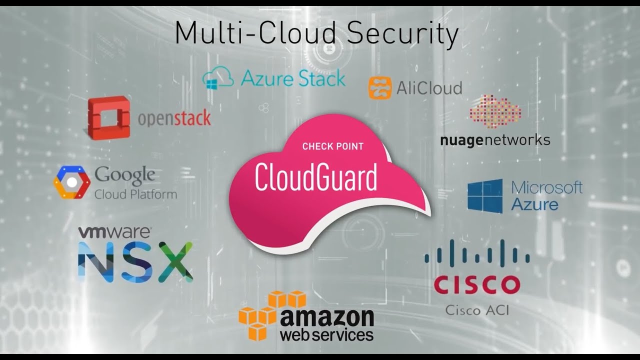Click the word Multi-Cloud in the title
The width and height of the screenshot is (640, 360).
click(x=254, y=33)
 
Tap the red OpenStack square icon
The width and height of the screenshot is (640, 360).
click(x=108, y=117)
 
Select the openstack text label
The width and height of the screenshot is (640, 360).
click(x=173, y=118)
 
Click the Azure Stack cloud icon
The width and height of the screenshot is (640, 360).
click(x=218, y=78)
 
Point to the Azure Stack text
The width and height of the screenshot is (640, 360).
click(x=292, y=78)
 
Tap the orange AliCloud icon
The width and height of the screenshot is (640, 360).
click(x=380, y=88)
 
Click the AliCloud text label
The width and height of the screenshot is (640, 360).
click(x=429, y=88)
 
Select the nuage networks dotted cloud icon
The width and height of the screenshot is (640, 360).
click(x=495, y=111)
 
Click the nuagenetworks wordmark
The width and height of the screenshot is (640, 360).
click(x=495, y=139)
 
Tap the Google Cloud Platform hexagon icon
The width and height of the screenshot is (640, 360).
click(x=71, y=182)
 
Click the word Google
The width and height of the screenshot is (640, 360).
click(x=124, y=175)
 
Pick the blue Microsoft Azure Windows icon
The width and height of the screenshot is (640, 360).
click(x=484, y=196)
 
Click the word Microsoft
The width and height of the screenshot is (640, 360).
click(x=547, y=187)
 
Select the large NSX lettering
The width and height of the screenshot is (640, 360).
click(x=135, y=261)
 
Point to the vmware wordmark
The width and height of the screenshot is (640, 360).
click(x=114, y=232)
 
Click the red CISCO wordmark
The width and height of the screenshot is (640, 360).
click(x=476, y=284)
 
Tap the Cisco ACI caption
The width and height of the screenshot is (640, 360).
click(x=476, y=310)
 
